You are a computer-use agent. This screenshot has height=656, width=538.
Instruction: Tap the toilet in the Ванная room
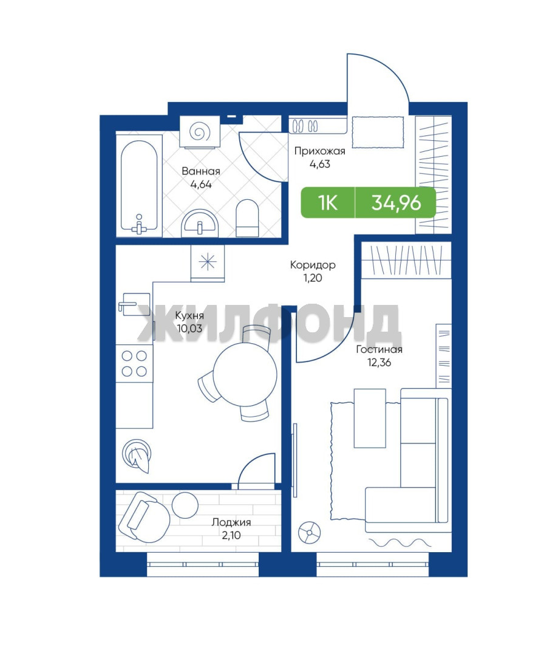pyautogui.click(x=247, y=218)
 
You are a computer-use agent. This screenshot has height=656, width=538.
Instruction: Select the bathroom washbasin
pyautogui.click(x=200, y=224)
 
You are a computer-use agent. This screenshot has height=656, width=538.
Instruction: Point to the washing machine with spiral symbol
pyautogui.click(x=200, y=132)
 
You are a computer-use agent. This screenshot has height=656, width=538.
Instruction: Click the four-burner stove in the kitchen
pyautogui.click(x=134, y=363)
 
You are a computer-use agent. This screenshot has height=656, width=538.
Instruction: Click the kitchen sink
pyautogui.click(x=134, y=302)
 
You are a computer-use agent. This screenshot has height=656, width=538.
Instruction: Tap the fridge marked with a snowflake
pyautogui.click(x=208, y=263)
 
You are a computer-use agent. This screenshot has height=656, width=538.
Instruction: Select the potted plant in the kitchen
pyautogui.click(x=137, y=456)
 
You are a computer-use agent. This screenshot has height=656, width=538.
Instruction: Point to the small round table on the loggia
pyautogui.click(x=185, y=505)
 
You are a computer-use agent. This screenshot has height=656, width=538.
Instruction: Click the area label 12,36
pyautogui.click(x=379, y=363)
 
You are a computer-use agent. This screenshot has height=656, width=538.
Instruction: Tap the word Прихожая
pyautogui.click(x=319, y=151)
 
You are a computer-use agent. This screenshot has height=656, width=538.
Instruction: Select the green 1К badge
pyautogui.click(x=327, y=203)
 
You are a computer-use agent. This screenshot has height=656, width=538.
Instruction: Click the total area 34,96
pyautogui.click(x=396, y=203)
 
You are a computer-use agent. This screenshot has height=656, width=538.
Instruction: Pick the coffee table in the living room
pyautogui.click(x=370, y=418)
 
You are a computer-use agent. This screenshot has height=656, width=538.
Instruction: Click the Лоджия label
pyautogui.click(x=231, y=522)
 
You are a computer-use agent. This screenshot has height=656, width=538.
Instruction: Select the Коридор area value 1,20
pyautogui.click(x=313, y=278)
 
